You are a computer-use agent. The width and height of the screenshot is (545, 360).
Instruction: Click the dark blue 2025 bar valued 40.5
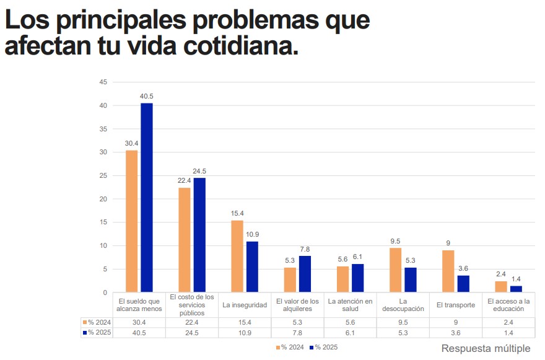(x=147, y=197)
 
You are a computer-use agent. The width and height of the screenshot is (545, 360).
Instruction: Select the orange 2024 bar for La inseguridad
(x=237, y=256)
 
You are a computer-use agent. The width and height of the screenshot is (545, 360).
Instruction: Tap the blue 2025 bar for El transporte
(x=463, y=283)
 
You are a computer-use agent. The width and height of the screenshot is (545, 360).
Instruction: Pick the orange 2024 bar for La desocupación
(x=396, y=270)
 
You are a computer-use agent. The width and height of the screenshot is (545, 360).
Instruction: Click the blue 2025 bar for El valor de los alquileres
(x=305, y=273)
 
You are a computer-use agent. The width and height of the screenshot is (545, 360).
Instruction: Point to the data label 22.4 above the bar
(x=184, y=180)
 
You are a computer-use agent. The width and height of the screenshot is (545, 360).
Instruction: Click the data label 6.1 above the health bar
(x=357, y=257)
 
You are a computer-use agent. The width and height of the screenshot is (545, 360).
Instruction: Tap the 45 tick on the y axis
(x=103, y=82)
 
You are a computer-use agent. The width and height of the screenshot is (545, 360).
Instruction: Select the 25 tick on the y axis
(x=103, y=176)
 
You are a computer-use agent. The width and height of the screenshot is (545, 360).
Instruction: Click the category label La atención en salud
(x=351, y=305)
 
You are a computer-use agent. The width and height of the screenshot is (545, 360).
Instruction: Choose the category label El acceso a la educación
(x=508, y=305)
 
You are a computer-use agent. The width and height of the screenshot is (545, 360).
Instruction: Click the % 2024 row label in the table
(x=96, y=322)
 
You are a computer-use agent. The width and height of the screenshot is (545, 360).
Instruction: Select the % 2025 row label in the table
(x=96, y=333)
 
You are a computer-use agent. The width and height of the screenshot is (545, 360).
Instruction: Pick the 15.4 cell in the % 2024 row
(x=245, y=322)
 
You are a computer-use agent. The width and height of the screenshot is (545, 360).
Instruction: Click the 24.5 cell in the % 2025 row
(x=192, y=333)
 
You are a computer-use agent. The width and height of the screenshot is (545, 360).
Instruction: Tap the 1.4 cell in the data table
(x=508, y=333)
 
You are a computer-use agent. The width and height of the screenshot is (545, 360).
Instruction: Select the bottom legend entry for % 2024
(x=290, y=347)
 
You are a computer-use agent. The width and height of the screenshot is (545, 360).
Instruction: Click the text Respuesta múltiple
(x=486, y=348)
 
